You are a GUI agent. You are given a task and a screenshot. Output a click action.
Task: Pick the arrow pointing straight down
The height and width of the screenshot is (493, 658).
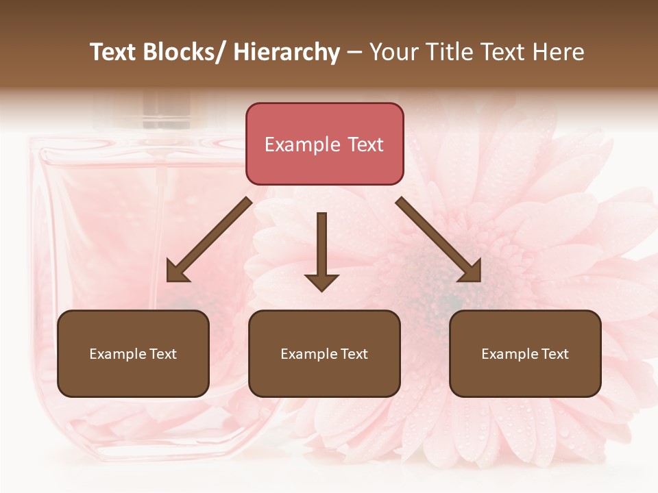click(x=321, y=251)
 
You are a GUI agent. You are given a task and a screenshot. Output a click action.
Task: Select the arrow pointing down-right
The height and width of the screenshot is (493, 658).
click(x=439, y=240)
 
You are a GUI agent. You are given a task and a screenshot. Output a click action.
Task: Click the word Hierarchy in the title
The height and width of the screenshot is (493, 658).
click(x=287, y=52)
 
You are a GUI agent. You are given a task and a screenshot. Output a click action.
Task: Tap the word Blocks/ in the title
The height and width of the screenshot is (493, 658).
click(x=182, y=52)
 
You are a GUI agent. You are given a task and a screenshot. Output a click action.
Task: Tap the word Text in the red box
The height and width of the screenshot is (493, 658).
click(x=365, y=145)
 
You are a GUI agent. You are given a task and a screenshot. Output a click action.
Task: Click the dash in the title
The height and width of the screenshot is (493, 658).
click(x=354, y=53)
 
